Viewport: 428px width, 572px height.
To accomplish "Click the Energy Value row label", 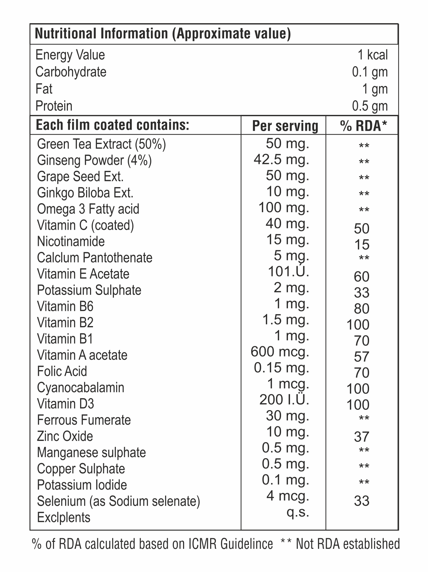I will click(70, 55).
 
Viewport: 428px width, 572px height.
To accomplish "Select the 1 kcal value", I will click(373, 55).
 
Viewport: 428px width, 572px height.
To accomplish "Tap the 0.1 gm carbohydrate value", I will click(370, 72).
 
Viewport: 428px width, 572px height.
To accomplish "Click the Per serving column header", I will click(285, 126).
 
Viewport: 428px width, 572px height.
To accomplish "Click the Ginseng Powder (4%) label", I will click(94, 161).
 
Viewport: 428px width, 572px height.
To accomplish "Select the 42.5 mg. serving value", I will click(281, 160).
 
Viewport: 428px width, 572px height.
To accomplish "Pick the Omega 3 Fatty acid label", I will click(88, 209).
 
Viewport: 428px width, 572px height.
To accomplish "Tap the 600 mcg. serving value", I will click(280, 352).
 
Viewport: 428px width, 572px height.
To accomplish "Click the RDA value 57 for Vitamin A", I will click(361, 357).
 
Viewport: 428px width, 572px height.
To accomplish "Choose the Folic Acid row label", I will click(62, 371).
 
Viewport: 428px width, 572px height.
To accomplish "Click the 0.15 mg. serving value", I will click(281, 368).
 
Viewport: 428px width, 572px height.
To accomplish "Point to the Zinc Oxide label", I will click(65, 436).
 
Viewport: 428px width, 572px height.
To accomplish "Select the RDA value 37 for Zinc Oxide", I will click(361, 437).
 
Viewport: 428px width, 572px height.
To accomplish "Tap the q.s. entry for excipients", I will click(298, 512).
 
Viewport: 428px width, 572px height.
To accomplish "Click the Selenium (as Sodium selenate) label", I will click(119, 501).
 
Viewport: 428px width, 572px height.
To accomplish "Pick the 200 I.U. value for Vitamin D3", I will click(284, 400).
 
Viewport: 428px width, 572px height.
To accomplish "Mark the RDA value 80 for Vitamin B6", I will click(361, 309).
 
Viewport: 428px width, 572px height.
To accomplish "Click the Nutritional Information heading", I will click(163, 34).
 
